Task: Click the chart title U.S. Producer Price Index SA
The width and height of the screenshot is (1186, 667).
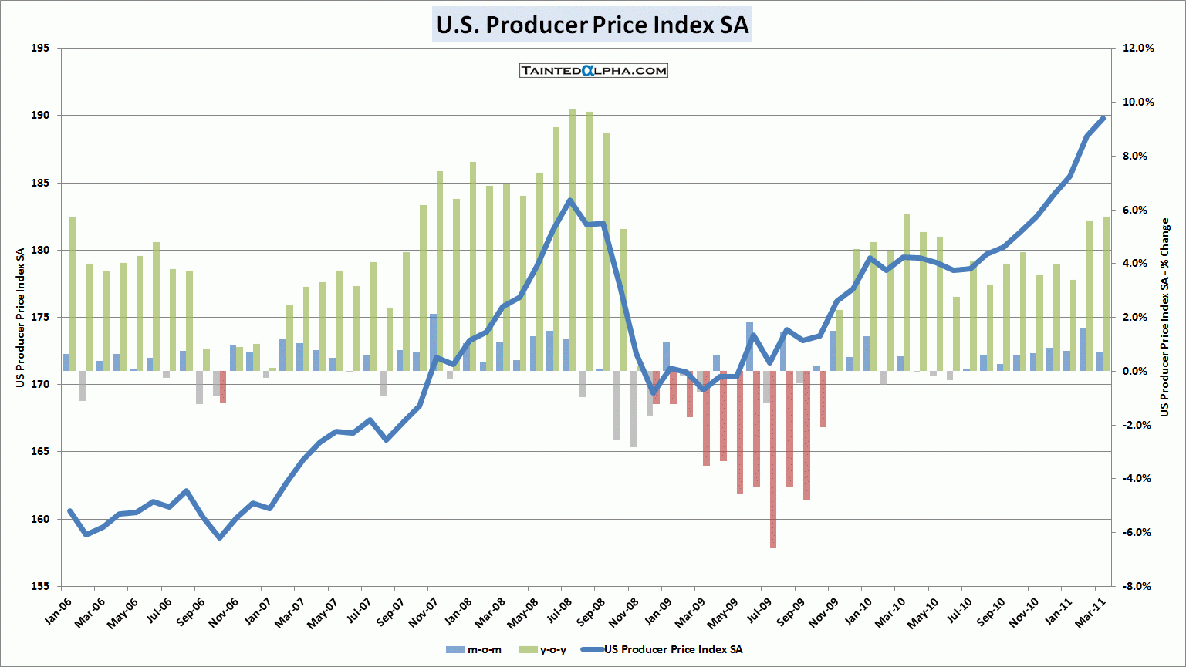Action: pyautogui.click(x=592, y=25)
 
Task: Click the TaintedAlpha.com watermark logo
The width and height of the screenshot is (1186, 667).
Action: pyautogui.click(x=593, y=71)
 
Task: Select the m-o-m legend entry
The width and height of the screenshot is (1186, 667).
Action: pyautogui.click(x=475, y=650)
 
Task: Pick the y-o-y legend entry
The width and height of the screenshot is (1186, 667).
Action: pyautogui.click(x=544, y=650)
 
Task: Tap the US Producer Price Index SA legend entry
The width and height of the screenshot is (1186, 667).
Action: pyautogui.click(x=663, y=650)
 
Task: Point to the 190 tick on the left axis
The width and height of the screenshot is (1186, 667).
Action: pyautogui.click(x=40, y=116)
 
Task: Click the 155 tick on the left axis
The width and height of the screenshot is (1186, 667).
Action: pyautogui.click(x=40, y=586)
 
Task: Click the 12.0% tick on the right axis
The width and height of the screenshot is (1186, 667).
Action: pyautogui.click(x=1138, y=48)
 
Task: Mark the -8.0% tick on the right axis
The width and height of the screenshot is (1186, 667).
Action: pyautogui.click(x=1137, y=586)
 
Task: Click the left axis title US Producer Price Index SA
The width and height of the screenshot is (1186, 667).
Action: pyautogui.click(x=21, y=317)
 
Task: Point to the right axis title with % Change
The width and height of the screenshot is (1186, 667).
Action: pyautogui.click(x=1164, y=317)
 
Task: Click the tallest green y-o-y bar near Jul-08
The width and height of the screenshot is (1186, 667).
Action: pyautogui.click(x=573, y=239)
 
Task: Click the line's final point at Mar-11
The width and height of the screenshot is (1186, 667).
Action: pyautogui.click(x=1103, y=119)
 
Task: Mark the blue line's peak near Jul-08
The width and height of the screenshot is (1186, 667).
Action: pyautogui.click(x=569, y=200)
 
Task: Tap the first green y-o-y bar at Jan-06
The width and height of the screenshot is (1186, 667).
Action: pyautogui.click(x=73, y=294)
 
